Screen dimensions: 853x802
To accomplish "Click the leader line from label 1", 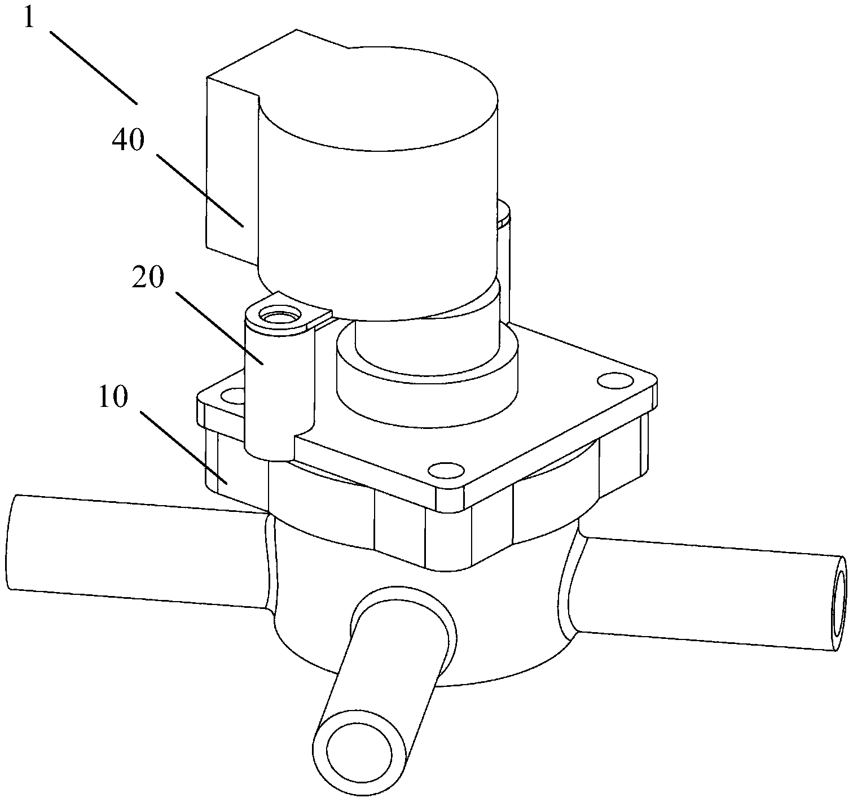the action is coord(93,67).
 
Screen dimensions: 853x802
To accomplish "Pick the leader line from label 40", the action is coord(200,190).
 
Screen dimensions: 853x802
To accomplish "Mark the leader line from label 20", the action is coord(219,328).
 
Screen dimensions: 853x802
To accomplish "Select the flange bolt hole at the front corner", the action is coord(447,470).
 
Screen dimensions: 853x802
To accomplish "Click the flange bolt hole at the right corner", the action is coord(616,381).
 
